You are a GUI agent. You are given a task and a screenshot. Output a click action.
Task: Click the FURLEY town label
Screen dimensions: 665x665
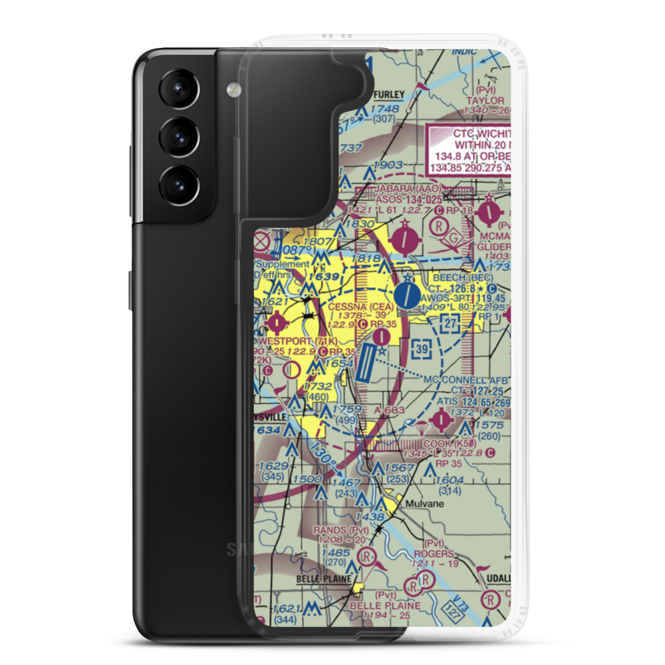point(387,95)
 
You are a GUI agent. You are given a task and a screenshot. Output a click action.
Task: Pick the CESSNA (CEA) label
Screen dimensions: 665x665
point(356,307)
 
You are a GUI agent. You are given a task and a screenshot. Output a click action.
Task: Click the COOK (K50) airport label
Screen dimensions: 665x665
point(446,444)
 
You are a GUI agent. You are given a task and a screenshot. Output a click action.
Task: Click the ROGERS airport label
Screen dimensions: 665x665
point(434,553)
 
